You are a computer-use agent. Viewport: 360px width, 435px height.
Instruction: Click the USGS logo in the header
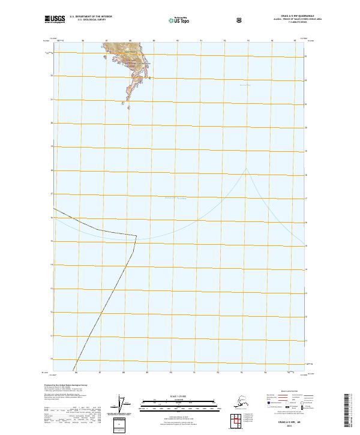click(x=55, y=20)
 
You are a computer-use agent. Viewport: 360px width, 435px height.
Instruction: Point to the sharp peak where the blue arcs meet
click(x=245, y=167)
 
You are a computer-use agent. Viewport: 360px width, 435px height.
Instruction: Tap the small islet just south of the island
click(x=123, y=103)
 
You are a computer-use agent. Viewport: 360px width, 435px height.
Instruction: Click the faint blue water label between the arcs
click(x=175, y=197)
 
